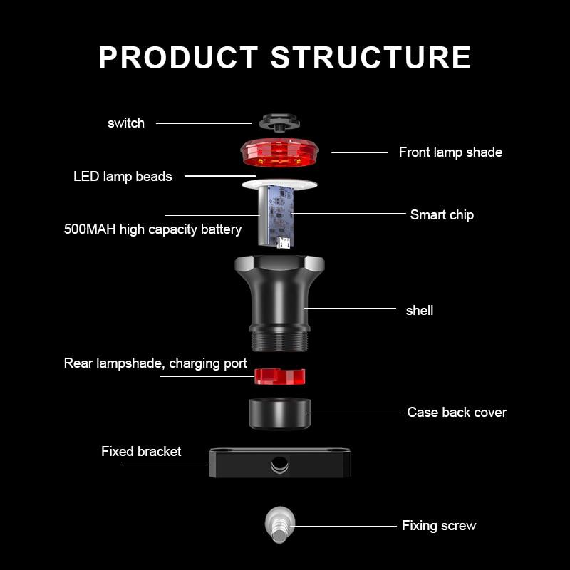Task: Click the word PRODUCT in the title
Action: (178, 58)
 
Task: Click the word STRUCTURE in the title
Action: (370, 58)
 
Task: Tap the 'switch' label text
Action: (126, 123)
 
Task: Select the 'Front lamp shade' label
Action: (450, 152)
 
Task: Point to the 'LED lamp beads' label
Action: (123, 176)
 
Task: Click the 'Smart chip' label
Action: (442, 214)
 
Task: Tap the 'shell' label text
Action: (420, 310)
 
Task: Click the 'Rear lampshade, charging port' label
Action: (155, 363)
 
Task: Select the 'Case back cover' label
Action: (457, 412)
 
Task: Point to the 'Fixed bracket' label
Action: (141, 451)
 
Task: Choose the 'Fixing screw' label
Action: (439, 526)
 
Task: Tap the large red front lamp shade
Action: (279, 152)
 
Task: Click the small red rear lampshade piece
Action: (279, 375)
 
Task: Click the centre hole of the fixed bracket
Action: (279, 465)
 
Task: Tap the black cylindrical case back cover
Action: (279, 413)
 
